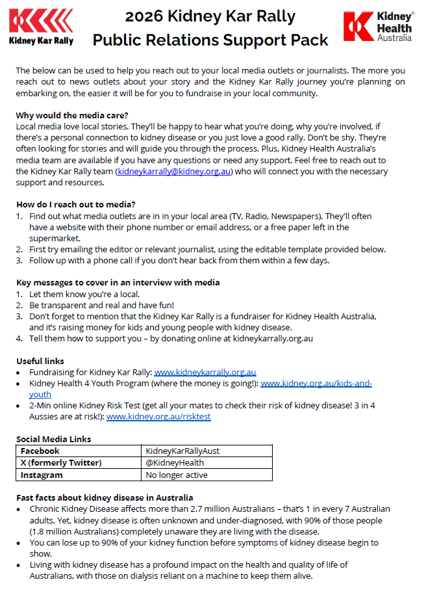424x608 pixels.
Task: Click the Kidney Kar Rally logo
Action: pos(41,27)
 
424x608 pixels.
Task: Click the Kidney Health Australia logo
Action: pos(378,27)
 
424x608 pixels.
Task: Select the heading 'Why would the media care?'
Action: pos(71,115)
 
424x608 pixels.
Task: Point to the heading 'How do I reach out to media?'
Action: pos(76,204)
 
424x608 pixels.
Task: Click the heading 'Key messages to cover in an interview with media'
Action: pos(118,282)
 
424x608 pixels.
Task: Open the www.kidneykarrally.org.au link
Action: pos(205,373)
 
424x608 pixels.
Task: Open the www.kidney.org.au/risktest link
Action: pos(158,417)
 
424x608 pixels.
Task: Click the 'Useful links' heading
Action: pos(40,361)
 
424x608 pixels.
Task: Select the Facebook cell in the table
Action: pos(40,451)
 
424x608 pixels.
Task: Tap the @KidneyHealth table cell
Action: pos(175,463)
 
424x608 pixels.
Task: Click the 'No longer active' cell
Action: pos(177,475)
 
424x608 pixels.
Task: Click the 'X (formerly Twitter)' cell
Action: pos(62,463)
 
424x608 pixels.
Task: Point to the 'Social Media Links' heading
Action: pos(54,439)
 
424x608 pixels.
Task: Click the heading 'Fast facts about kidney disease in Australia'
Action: pos(103,497)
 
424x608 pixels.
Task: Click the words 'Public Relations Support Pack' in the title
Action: pos(210,40)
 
